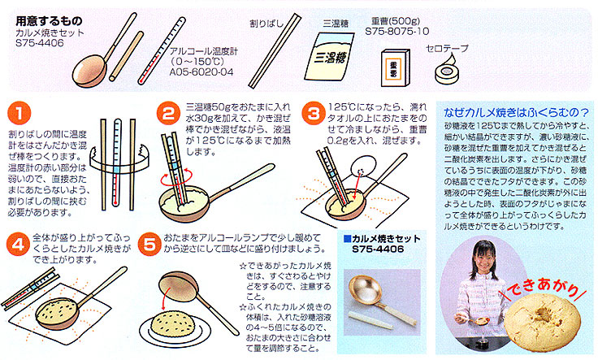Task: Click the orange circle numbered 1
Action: coord(19,113)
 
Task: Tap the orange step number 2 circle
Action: coord(168,113)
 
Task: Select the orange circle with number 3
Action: coord(313,113)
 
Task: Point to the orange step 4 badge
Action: coord(19,244)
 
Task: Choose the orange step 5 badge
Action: coord(149,244)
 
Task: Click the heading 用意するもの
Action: coord(49,20)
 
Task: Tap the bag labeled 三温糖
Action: coord(329,56)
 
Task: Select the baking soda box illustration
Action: coord(396,68)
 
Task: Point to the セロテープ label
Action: coord(447,49)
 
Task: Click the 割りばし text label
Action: coord(266,24)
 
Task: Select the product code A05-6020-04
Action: coord(201,72)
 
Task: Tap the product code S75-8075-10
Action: coord(397,31)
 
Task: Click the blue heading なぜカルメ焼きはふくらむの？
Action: coord(517,112)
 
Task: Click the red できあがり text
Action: coord(542,288)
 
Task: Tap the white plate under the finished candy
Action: coord(175,332)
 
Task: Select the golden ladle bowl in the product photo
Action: coord(366,290)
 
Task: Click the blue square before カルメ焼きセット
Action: coord(347,239)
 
